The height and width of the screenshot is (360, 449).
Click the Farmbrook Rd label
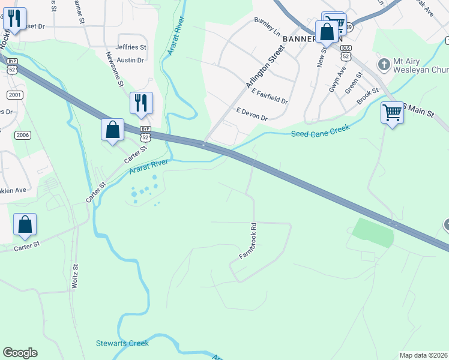tap(248, 241)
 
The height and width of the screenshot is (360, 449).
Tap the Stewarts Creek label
tap(122, 344)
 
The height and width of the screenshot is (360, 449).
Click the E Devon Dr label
tap(252, 114)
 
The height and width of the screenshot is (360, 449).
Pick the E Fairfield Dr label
tap(270, 97)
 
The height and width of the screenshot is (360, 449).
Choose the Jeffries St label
tap(131, 47)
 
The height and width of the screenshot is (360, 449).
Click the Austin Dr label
tap(130, 60)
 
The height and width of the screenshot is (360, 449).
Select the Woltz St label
tap(76, 277)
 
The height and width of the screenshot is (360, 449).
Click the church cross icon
tap(382, 63)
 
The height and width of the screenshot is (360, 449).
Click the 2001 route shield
tap(15, 95)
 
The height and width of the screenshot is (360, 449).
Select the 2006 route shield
tap(23, 134)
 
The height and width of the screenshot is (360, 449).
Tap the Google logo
tap(20, 353)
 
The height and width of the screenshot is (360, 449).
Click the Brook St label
tap(367, 97)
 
